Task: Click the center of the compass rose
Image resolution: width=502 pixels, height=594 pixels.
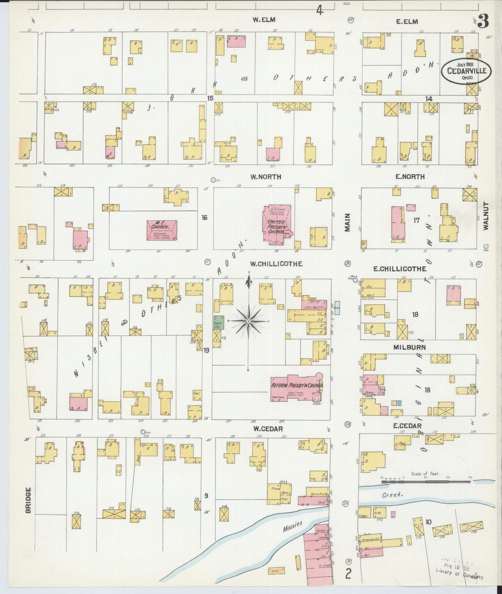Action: [248, 321]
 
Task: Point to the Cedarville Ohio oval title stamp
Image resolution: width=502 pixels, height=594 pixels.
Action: [466, 71]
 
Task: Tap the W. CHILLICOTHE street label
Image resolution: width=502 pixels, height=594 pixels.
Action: [276, 264]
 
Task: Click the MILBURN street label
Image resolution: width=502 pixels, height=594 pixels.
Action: [409, 347]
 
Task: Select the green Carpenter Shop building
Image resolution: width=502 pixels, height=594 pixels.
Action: [219, 322]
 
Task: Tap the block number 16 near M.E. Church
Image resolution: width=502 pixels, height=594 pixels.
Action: [204, 218]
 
